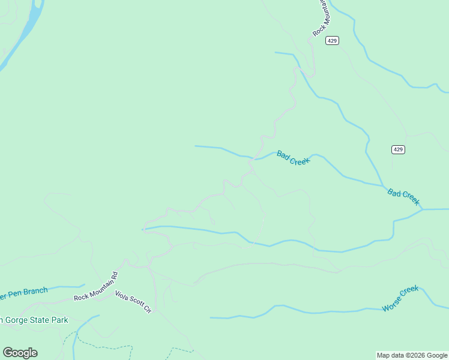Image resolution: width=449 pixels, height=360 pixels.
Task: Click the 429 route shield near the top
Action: click(x=333, y=41)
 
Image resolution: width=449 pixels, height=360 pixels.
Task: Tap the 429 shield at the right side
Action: click(x=398, y=149)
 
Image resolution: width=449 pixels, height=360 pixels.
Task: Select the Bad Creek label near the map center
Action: click(x=293, y=158)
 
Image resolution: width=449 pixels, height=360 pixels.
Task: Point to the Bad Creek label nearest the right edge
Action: click(x=403, y=197)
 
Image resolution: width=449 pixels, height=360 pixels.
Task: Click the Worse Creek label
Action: click(x=400, y=298)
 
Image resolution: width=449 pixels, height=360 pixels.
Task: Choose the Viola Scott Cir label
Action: click(x=133, y=302)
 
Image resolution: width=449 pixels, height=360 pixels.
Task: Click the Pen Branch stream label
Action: click(x=24, y=292)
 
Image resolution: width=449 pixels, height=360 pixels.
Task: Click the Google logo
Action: click(x=20, y=353)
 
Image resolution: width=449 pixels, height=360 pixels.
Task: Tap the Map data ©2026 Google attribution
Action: click(x=412, y=355)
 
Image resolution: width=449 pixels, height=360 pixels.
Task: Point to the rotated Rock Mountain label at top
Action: click(x=322, y=18)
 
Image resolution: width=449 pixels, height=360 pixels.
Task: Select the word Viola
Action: click(x=123, y=296)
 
